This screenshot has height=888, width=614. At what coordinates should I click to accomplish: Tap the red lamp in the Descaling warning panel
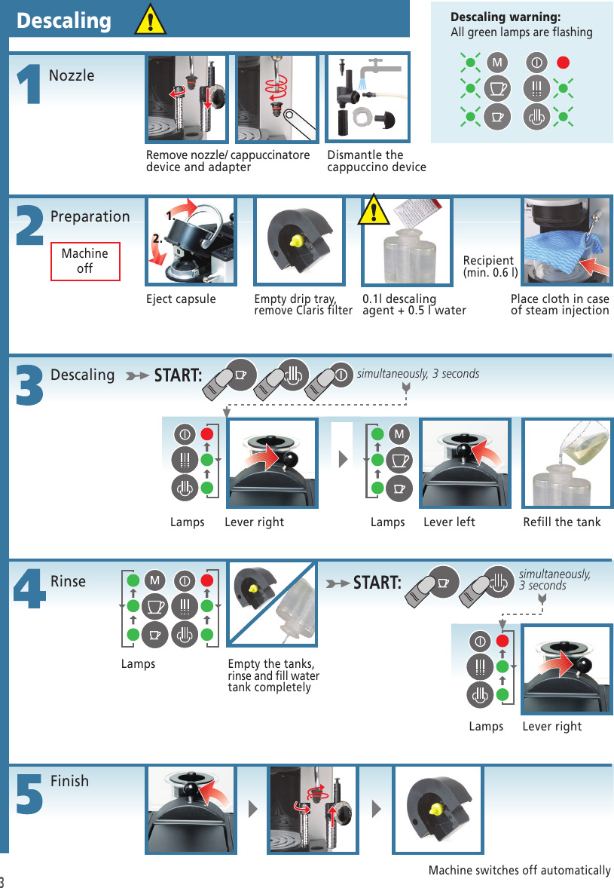tap(562, 60)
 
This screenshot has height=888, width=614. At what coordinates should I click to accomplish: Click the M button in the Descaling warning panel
tap(496, 60)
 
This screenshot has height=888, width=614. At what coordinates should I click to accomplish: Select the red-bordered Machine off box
tap(85, 261)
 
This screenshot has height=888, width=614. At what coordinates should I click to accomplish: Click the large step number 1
tap(28, 84)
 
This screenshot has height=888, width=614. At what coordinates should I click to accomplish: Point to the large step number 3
tap(29, 385)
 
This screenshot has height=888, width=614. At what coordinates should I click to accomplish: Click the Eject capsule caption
tap(181, 299)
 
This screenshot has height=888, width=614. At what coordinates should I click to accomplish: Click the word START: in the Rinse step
tap(377, 583)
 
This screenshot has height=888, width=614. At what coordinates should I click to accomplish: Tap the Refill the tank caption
tap(562, 522)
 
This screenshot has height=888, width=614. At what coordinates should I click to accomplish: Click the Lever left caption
tap(449, 522)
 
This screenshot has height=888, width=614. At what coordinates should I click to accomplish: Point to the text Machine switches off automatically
tap(519, 871)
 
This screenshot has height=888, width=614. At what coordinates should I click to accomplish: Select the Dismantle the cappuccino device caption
tap(376, 161)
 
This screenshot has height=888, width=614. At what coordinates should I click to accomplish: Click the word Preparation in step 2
tap(90, 217)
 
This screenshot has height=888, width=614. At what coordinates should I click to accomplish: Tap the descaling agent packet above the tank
tap(410, 213)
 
